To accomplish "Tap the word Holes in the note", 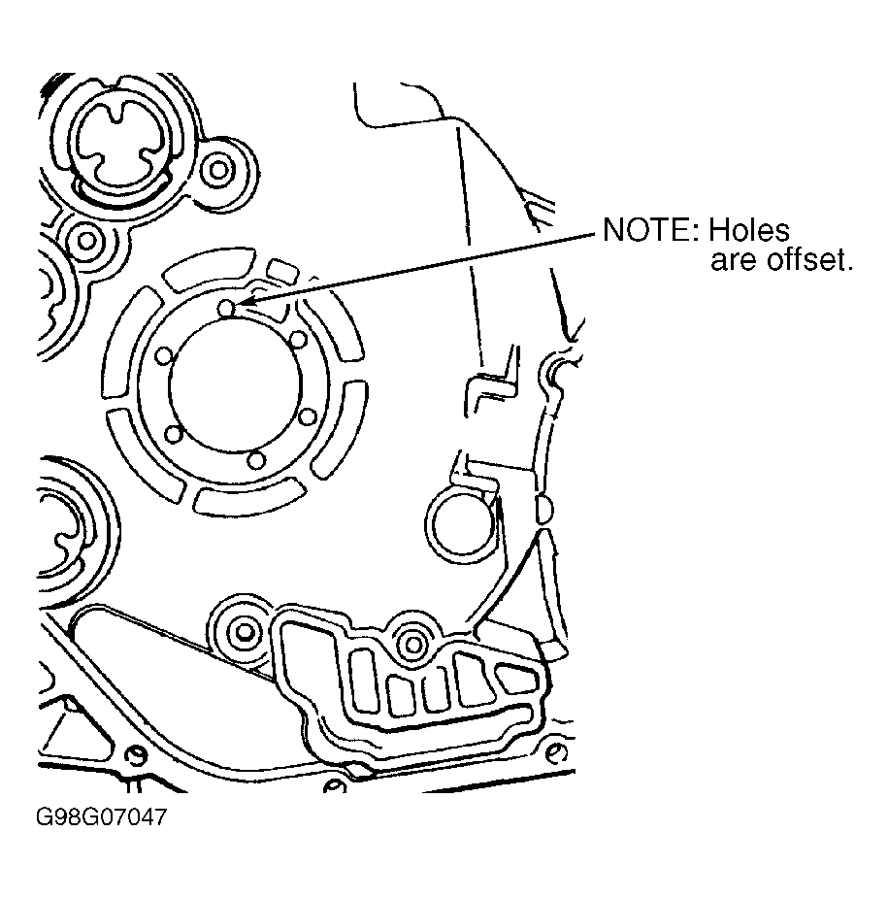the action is point(749,230).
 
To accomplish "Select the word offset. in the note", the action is point(810,260).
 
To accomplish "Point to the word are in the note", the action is point(735,261).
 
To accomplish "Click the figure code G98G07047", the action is point(101,816).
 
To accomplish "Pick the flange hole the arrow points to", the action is point(227,309).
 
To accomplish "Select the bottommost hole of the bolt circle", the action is point(256,460).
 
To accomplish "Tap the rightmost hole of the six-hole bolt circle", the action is point(308,416).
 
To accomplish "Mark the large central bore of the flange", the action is point(235,384).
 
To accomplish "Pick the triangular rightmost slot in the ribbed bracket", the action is point(516,678).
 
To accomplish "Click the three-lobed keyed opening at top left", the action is point(118,143).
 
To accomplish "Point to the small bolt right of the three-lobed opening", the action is point(218,170).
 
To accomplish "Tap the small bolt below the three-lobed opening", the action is point(86,241).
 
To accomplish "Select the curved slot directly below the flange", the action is point(249,497).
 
